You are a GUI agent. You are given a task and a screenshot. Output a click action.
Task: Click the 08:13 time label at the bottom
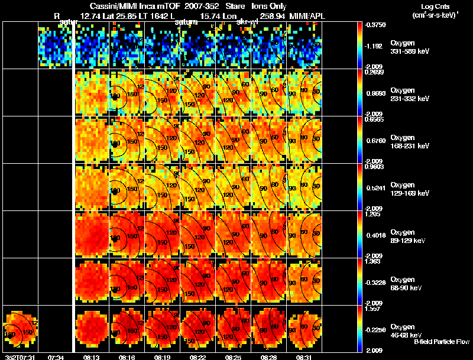[x=92, y=357]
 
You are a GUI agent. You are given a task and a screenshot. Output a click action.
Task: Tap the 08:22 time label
[x=198, y=357]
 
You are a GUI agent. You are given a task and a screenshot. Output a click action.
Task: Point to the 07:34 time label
[x=56, y=357]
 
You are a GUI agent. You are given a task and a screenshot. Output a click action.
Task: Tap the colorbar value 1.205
[x=372, y=215]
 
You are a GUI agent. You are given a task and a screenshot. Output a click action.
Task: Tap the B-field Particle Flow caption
[x=442, y=342]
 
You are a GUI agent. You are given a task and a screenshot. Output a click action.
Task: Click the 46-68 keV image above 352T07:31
[x=21, y=328]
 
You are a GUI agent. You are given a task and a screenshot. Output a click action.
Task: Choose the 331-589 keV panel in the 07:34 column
[x=56, y=46]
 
